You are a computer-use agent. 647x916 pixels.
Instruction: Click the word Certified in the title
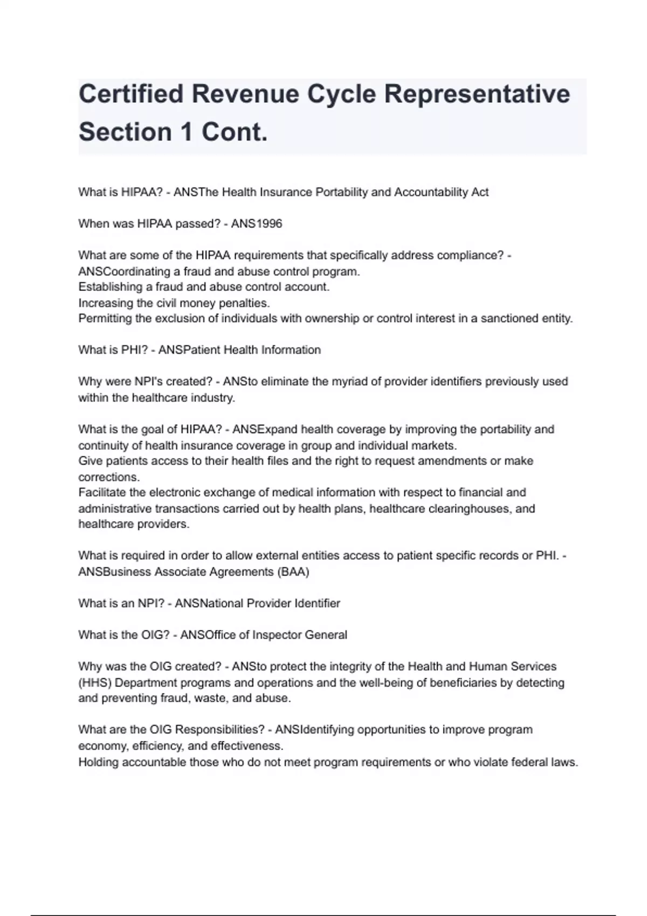coord(131,94)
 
